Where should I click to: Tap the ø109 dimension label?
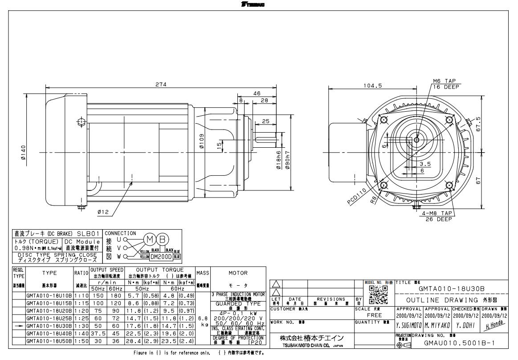pyautogui.click(x=201, y=142)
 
